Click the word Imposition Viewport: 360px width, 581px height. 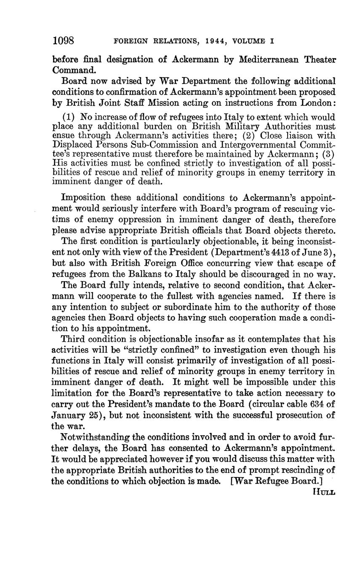[83, 197]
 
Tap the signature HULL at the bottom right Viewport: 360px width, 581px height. [324, 491]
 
